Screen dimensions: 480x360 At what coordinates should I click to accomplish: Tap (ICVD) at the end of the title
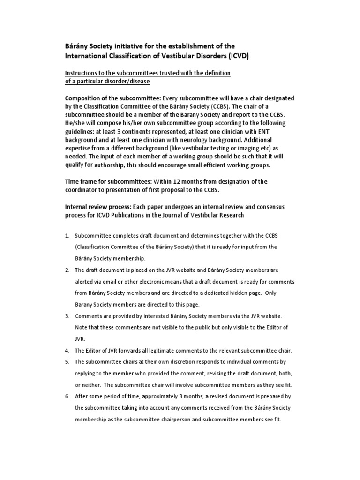(x=236, y=56)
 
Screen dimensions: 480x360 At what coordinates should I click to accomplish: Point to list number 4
(x=67, y=350)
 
